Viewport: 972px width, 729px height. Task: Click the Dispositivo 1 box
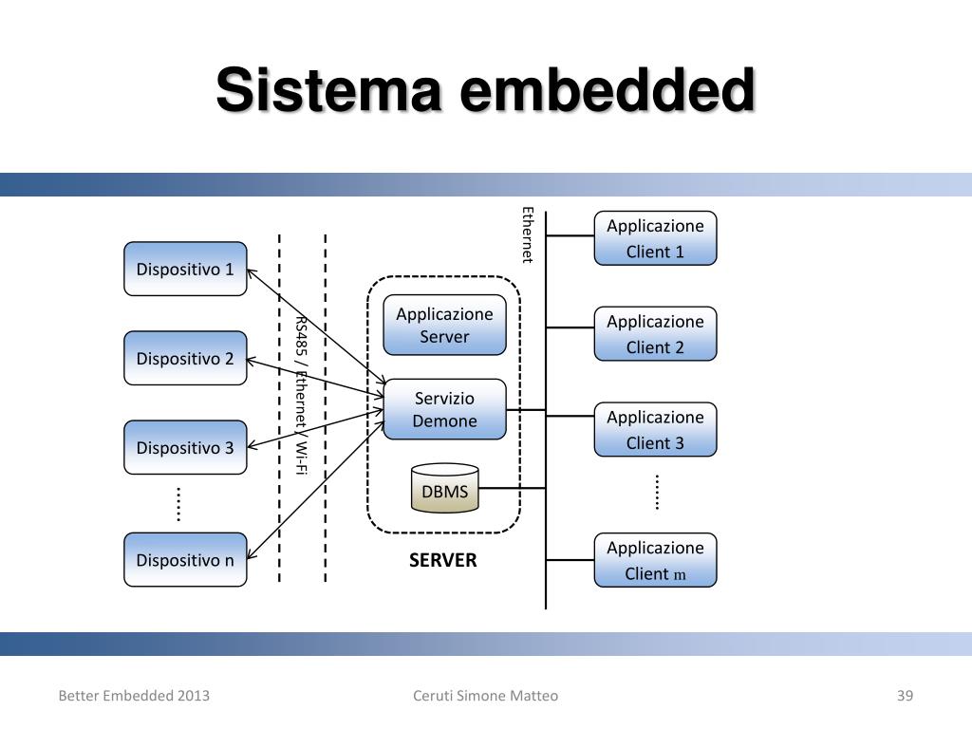tap(185, 269)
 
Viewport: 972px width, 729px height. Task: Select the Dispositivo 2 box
tap(185, 358)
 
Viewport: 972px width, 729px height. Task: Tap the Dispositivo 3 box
tap(185, 448)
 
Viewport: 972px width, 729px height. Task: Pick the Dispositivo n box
tap(185, 560)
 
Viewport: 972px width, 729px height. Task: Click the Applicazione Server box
tap(444, 325)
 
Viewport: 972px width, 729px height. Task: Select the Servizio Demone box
tap(444, 409)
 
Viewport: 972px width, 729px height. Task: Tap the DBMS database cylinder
tap(444, 488)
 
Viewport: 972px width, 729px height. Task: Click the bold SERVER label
tap(442, 560)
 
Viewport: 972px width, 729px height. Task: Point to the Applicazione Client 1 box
tap(655, 238)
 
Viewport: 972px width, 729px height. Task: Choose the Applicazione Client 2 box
tap(655, 333)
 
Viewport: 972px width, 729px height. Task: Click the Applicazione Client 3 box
tap(655, 430)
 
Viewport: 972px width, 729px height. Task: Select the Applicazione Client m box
tap(655, 560)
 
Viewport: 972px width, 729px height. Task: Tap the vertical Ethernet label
tap(527, 235)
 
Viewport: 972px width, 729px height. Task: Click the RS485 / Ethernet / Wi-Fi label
tap(301, 396)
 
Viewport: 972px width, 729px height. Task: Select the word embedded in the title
tap(607, 90)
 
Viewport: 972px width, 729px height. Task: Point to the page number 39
tap(905, 696)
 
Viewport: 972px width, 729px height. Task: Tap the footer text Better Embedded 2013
tap(134, 696)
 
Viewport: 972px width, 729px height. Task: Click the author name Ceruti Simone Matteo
tap(485, 696)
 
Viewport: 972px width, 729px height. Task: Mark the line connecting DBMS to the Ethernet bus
tap(512, 489)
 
